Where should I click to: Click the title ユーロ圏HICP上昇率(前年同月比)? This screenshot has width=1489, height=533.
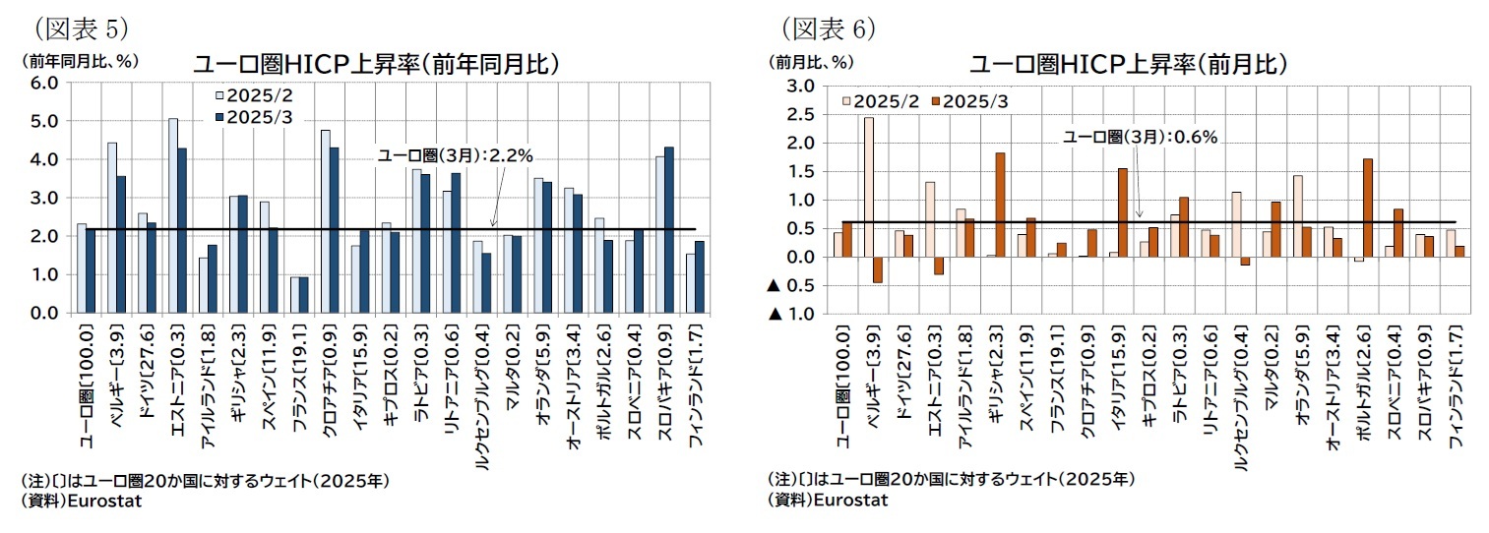point(376,64)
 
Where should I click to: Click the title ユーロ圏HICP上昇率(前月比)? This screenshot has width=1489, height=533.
point(1129,65)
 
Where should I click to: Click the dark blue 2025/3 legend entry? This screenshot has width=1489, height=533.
point(254,116)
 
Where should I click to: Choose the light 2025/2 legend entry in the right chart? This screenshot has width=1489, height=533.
point(882,101)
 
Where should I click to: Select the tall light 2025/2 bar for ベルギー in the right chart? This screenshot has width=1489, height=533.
point(869,187)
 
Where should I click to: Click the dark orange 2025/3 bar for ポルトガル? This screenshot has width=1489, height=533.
point(1367,207)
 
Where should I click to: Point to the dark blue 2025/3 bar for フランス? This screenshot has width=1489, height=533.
point(303,295)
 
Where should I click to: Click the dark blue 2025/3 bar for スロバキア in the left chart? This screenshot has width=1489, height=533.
point(669,230)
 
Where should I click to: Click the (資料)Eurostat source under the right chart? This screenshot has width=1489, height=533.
point(827,500)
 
